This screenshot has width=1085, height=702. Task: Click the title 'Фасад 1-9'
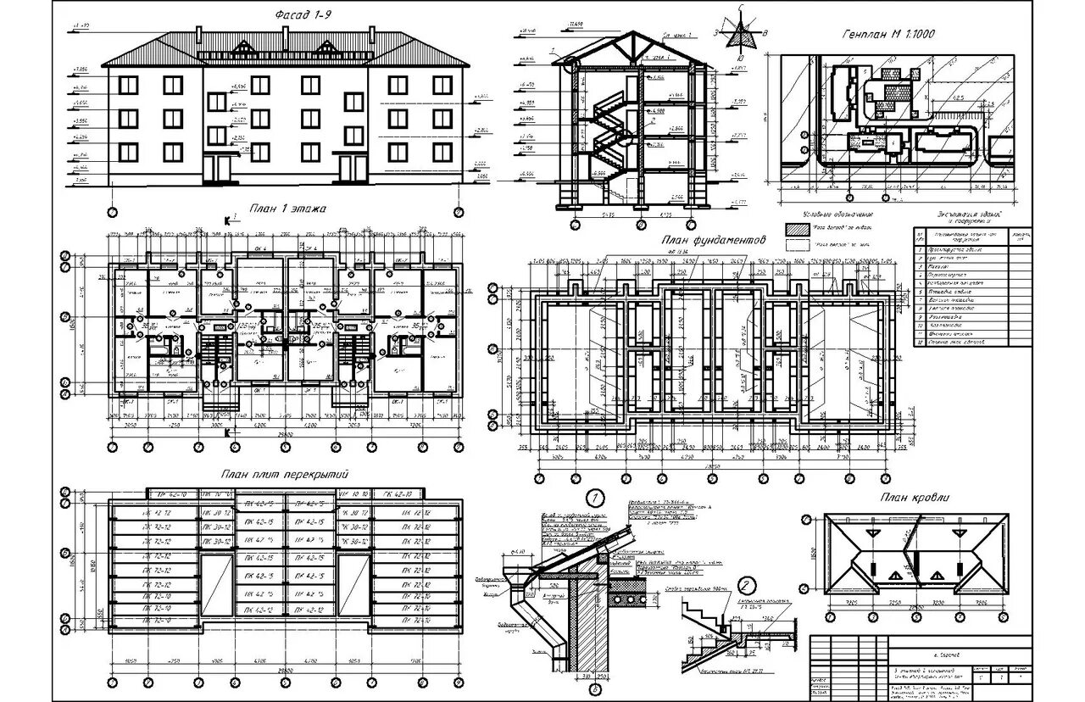click(305, 16)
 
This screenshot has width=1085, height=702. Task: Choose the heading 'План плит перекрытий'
click(286, 475)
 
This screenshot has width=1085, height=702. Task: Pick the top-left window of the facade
click(129, 84)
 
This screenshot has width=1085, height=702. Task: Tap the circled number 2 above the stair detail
click(747, 584)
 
